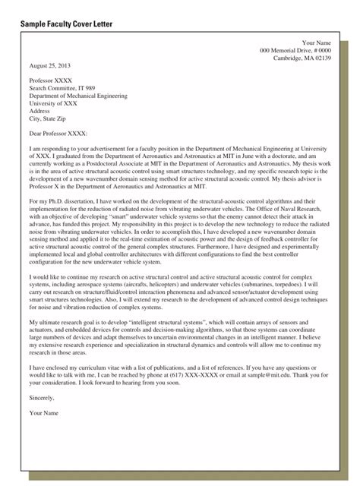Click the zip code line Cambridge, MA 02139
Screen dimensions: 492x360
(302, 58)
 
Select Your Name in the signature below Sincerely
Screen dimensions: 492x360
(44, 412)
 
